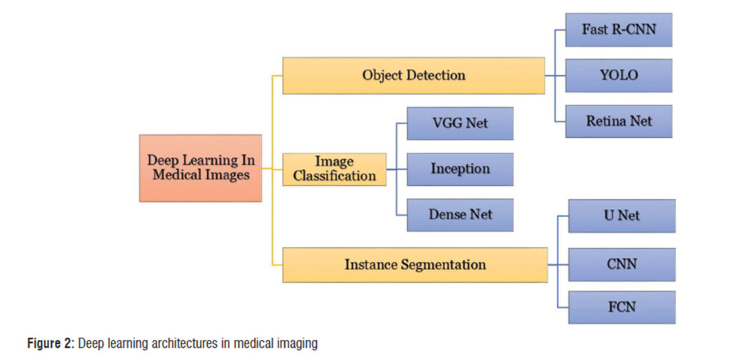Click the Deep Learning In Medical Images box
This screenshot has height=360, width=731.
[x=200, y=168]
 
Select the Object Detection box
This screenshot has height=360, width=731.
[x=413, y=76]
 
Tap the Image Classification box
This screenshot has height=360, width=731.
[x=334, y=169]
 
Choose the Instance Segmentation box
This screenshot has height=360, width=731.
[x=415, y=264]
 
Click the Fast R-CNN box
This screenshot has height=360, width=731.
[x=619, y=30]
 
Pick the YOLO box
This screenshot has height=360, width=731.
[x=619, y=75]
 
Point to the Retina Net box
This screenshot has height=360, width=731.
[x=619, y=121]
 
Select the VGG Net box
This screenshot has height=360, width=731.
[x=460, y=123]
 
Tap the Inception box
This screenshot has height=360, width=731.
[x=460, y=169]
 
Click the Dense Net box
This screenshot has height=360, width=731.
[x=460, y=214]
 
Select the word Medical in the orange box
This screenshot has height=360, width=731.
[x=176, y=175]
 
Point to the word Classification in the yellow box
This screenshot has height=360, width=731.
[x=334, y=175]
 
